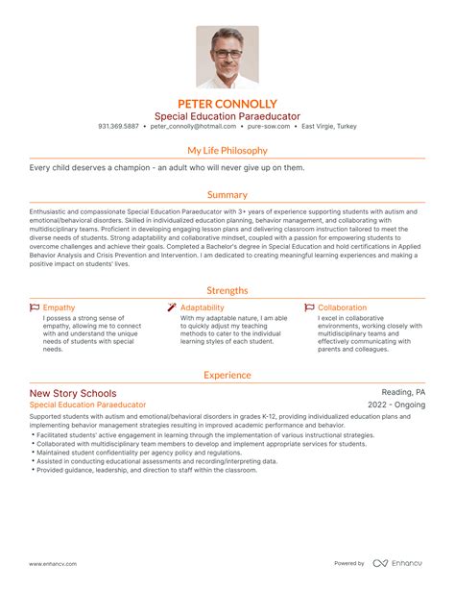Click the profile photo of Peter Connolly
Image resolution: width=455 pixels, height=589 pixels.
pos(227,57)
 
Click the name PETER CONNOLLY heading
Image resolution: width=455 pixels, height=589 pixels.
pos(227,103)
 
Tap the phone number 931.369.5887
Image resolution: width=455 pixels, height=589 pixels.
pos(118,126)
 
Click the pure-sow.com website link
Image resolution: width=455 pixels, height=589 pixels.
pos(269,126)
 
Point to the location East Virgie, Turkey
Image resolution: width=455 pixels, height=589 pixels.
pos(328,126)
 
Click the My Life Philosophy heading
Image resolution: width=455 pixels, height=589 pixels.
pos(227,151)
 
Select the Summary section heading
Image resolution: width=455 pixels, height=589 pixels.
pos(227,194)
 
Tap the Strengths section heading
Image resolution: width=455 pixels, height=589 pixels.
pos(227,290)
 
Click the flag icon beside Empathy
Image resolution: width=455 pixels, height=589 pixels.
pos(35,307)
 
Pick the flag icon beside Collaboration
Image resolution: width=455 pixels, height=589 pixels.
pos(309,307)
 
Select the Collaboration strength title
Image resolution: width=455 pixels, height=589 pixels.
pos(342,307)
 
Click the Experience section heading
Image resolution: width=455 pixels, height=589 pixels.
pos(227,376)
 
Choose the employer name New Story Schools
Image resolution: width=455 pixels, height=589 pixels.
pos(73,393)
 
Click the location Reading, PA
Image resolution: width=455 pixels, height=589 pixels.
pos(403,393)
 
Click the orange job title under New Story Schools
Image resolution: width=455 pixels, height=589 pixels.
pos(87,405)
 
